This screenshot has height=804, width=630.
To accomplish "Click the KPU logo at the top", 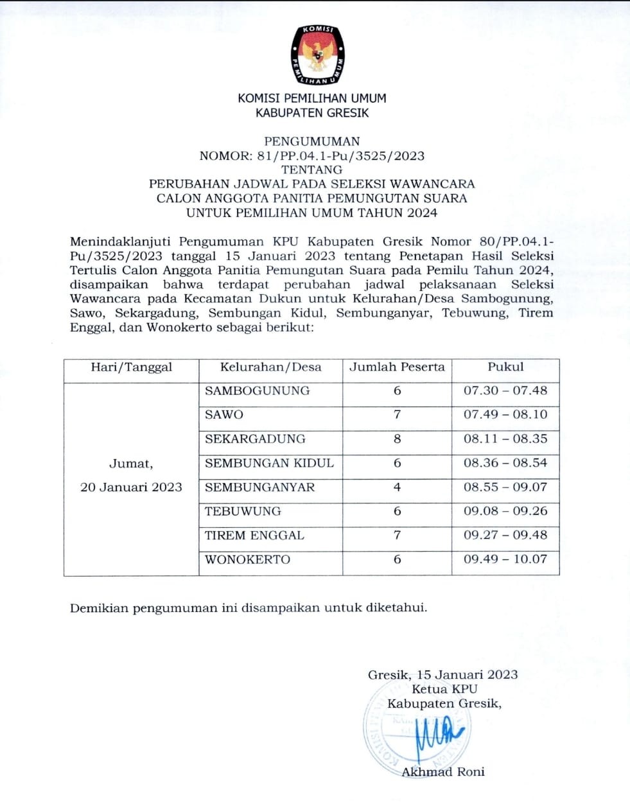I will tap(317, 55).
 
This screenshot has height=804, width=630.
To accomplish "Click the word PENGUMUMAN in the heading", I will tap(312, 141).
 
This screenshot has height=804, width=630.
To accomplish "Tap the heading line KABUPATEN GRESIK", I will tap(312, 113).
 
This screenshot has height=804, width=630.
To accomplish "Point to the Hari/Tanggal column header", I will tap(132, 367).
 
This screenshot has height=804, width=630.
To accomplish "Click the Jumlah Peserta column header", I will tap(397, 367).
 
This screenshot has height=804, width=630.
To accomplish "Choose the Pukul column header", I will tap(505, 367).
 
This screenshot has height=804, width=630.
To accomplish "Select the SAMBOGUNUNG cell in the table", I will tap(257, 390).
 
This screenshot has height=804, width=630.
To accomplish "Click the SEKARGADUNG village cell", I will tap(255, 439).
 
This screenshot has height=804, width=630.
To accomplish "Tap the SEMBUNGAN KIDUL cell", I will tap(269, 463).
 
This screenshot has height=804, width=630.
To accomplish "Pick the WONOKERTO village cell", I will tap(247, 559).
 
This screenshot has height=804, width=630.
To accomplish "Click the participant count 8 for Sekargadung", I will tap(397, 439).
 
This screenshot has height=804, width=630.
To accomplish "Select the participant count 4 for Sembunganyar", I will tap(397, 487).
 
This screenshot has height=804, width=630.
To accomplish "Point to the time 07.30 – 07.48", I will tap(505, 390).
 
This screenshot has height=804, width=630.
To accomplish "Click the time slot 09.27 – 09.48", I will tap(505, 536).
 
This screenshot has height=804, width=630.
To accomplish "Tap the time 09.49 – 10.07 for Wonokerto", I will tap(505, 559).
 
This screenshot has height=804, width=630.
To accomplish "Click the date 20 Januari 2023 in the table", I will tap(131, 487).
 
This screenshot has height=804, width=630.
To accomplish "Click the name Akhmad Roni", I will tap(443, 772).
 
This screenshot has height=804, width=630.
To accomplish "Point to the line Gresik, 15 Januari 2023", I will tap(442, 675).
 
